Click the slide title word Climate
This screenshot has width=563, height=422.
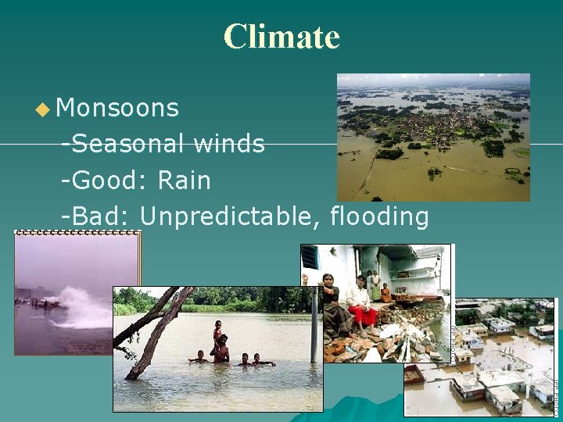(281, 37)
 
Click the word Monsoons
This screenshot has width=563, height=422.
(118, 108)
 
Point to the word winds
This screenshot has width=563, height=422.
(229, 144)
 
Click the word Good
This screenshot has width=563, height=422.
(109, 181)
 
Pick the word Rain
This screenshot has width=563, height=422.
(185, 181)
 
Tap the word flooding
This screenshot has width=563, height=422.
(380, 216)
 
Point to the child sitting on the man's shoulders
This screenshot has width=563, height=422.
(217, 328)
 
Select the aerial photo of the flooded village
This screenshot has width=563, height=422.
(433, 138)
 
